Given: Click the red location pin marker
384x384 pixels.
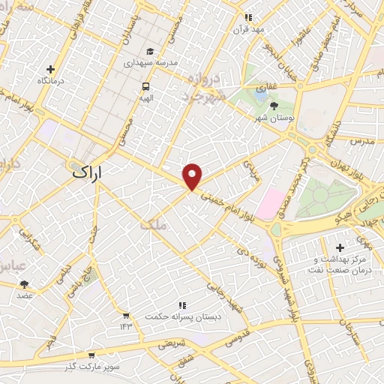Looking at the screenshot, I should pos(193,176).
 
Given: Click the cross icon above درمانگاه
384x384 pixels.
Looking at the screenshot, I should pos(52,68).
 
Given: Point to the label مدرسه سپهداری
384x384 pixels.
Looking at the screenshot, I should pos(151,64).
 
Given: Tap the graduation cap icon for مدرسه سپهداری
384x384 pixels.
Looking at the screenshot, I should pos(151,52).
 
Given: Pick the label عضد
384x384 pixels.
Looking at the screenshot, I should pos(24,296).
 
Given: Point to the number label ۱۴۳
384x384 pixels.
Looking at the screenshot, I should pos(124,326).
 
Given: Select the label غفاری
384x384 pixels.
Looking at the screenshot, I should pos(266,87).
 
